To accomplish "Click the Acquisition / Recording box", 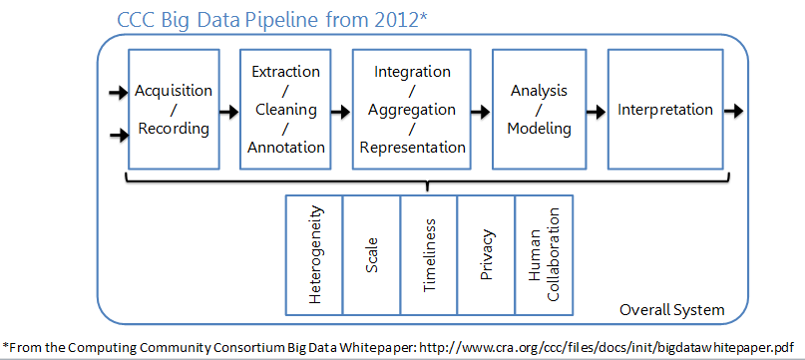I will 174,110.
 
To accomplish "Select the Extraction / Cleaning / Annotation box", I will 286,110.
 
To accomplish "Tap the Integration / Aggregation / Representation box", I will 412,110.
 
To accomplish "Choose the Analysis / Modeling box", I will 539,110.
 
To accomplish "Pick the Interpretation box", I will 664,110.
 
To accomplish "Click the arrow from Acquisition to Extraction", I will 229,111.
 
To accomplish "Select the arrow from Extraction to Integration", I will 342,111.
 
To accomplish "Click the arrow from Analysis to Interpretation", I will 596,111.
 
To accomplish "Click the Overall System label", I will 672,310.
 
